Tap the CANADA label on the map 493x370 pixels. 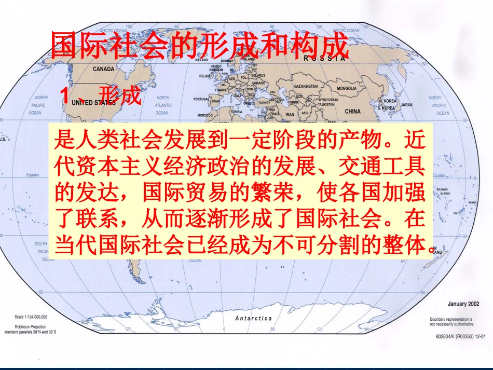coord(103,68)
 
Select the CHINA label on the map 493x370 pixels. coord(352,111)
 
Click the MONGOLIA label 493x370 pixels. coord(347,88)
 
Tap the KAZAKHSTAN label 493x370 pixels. coord(305,86)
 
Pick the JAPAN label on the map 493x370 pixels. coord(406,104)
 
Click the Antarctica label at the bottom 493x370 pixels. coord(253,318)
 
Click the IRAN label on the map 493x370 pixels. coord(290,114)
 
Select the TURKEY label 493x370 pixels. coord(264,103)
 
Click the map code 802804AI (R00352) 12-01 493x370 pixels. coord(460,336)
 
